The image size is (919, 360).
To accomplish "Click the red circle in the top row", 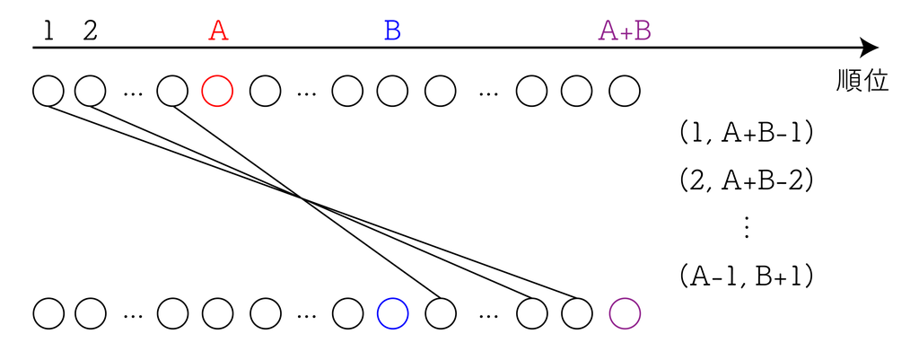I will point(218,91).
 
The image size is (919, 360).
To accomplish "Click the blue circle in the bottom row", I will point(392,312).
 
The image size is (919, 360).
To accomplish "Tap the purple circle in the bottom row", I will point(625,312).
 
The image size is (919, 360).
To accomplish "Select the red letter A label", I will point(218,31).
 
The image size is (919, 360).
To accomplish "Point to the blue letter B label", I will point(392,31).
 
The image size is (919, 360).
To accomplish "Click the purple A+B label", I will point(625,31).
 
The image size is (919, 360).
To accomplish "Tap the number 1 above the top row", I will point(48,31).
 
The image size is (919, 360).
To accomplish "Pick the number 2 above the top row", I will point(90,31).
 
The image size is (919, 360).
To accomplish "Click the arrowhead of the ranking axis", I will point(869,48).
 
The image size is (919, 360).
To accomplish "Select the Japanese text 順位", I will point(862,82).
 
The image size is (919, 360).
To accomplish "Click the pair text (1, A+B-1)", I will point(747,134).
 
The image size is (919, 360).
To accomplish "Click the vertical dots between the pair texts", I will point(747,228).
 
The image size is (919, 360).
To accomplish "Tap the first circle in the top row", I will point(48,91).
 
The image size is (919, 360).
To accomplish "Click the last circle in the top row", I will point(625,91).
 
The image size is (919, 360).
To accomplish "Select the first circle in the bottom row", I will point(48,312).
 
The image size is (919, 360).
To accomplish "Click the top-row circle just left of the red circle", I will point(172,91).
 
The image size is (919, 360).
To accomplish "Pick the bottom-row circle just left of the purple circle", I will point(577,312).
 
